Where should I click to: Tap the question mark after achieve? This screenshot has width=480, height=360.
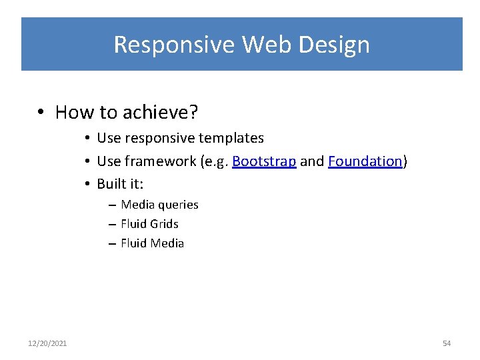194,112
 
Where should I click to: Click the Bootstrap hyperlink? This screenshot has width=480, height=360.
264,161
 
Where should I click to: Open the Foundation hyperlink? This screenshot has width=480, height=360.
365,161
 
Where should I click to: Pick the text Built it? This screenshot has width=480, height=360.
120,183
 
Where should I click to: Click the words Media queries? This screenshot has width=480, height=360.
159,205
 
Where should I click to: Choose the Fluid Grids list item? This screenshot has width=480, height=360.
149,224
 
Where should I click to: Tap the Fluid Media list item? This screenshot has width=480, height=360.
152,243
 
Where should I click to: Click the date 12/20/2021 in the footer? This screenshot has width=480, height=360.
47,343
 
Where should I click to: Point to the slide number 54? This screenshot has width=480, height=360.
447,343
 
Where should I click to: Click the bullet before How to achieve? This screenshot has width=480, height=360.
41,113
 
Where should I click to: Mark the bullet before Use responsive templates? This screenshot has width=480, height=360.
88,139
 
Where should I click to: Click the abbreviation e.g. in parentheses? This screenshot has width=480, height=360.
216,161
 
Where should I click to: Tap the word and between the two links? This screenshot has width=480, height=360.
312,161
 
